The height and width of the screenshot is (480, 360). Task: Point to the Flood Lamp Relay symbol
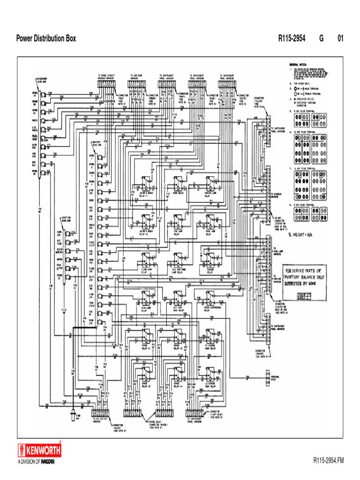point(145,260)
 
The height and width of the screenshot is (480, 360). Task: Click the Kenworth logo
point(39,451)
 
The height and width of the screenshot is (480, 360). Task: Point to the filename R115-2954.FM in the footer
point(329,461)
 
